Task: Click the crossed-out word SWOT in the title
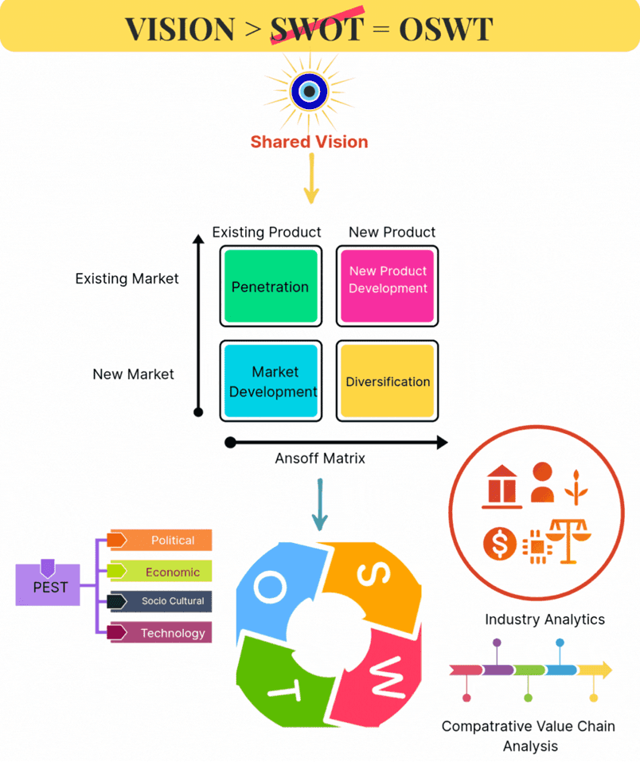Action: (x=317, y=29)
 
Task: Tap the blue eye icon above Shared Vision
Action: (x=310, y=92)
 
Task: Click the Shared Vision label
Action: (x=309, y=142)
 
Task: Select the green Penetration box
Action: (x=271, y=287)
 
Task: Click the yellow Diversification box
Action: (x=388, y=381)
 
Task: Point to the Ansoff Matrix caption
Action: (x=320, y=458)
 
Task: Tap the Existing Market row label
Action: (x=127, y=279)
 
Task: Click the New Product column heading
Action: (x=392, y=233)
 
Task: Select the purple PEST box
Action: (x=48, y=587)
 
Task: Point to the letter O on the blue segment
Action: (x=271, y=587)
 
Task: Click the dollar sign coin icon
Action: (x=500, y=545)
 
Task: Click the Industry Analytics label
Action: (x=544, y=619)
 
